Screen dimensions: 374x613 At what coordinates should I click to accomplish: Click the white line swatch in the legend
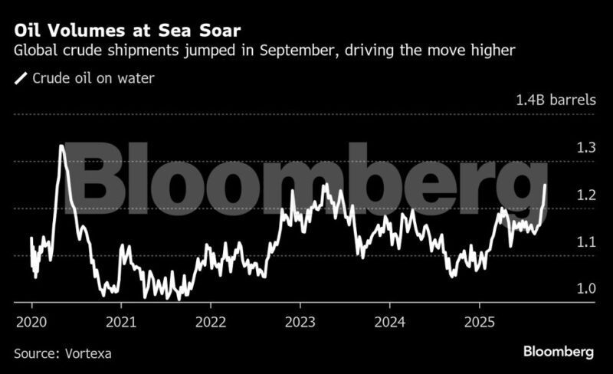tap(21, 78)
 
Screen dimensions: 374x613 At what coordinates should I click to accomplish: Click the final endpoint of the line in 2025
tap(545, 185)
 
